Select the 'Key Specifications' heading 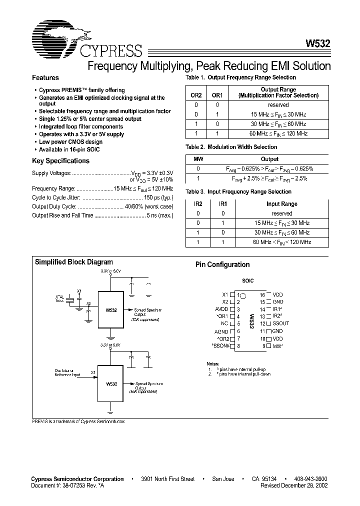pyautogui.click(x=60, y=161)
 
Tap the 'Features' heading pyautogui.click(x=45, y=78)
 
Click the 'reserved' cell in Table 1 pyautogui.click(x=278, y=105)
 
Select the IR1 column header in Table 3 pyautogui.click(x=222, y=204)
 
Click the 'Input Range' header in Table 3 pyautogui.click(x=281, y=204)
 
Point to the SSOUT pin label pyautogui.click(x=281, y=323)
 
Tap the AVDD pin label pyautogui.click(x=221, y=309)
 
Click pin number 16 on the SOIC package pyautogui.click(x=261, y=295)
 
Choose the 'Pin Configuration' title pyautogui.click(x=222, y=265)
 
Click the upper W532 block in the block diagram pyautogui.click(x=110, y=310)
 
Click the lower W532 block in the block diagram pyautogui.click(x=110, y=384)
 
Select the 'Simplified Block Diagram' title pyautogui.click(x=73, y=262)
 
